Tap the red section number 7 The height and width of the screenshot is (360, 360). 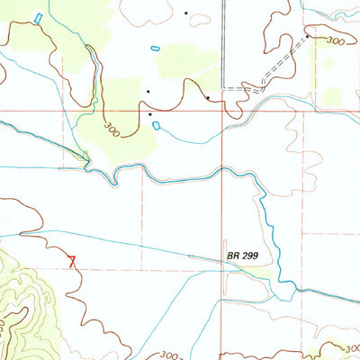pos(72,261)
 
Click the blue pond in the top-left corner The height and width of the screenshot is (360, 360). pos(38,18)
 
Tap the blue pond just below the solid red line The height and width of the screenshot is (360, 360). pos(157,125)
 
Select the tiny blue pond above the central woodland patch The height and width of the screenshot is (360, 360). pos(156,48)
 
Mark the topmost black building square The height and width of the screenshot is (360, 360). pos(186,13)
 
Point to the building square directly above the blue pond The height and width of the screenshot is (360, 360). pos(150,114)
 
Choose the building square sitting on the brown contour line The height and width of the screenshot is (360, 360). pos(208,97)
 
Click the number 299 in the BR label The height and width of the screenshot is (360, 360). pos(251,256)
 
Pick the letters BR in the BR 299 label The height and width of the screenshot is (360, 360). pos(233,256)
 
